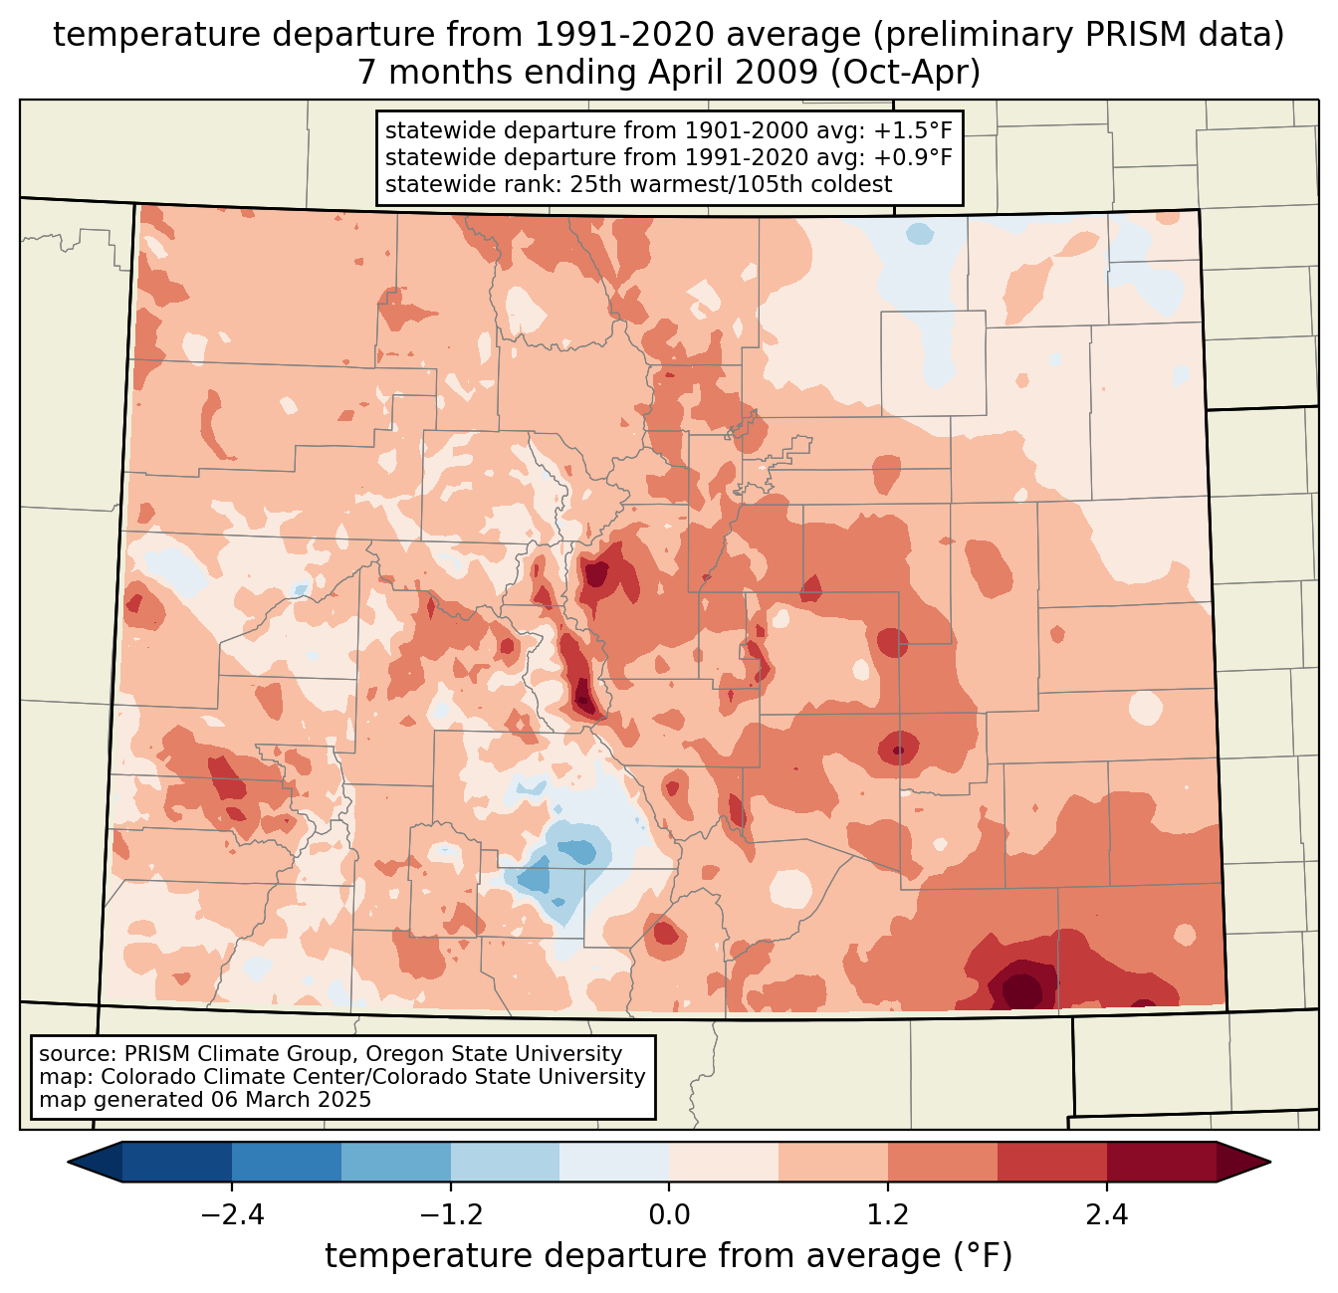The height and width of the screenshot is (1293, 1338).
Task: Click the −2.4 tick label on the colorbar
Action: (231, 1215)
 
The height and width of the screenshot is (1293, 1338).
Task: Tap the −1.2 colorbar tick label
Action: (450, 1215)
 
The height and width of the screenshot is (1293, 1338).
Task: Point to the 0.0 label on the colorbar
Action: (669, 1215)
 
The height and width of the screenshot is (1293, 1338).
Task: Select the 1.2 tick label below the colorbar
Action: (888, 1215)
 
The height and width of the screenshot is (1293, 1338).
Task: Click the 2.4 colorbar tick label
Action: (1107, 1215)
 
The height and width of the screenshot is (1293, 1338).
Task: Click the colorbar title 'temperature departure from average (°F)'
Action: (669, 1256)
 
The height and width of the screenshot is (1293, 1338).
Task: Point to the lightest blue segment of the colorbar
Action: (614, 1162)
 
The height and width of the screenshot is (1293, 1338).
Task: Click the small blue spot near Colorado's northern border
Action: (920, 235)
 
